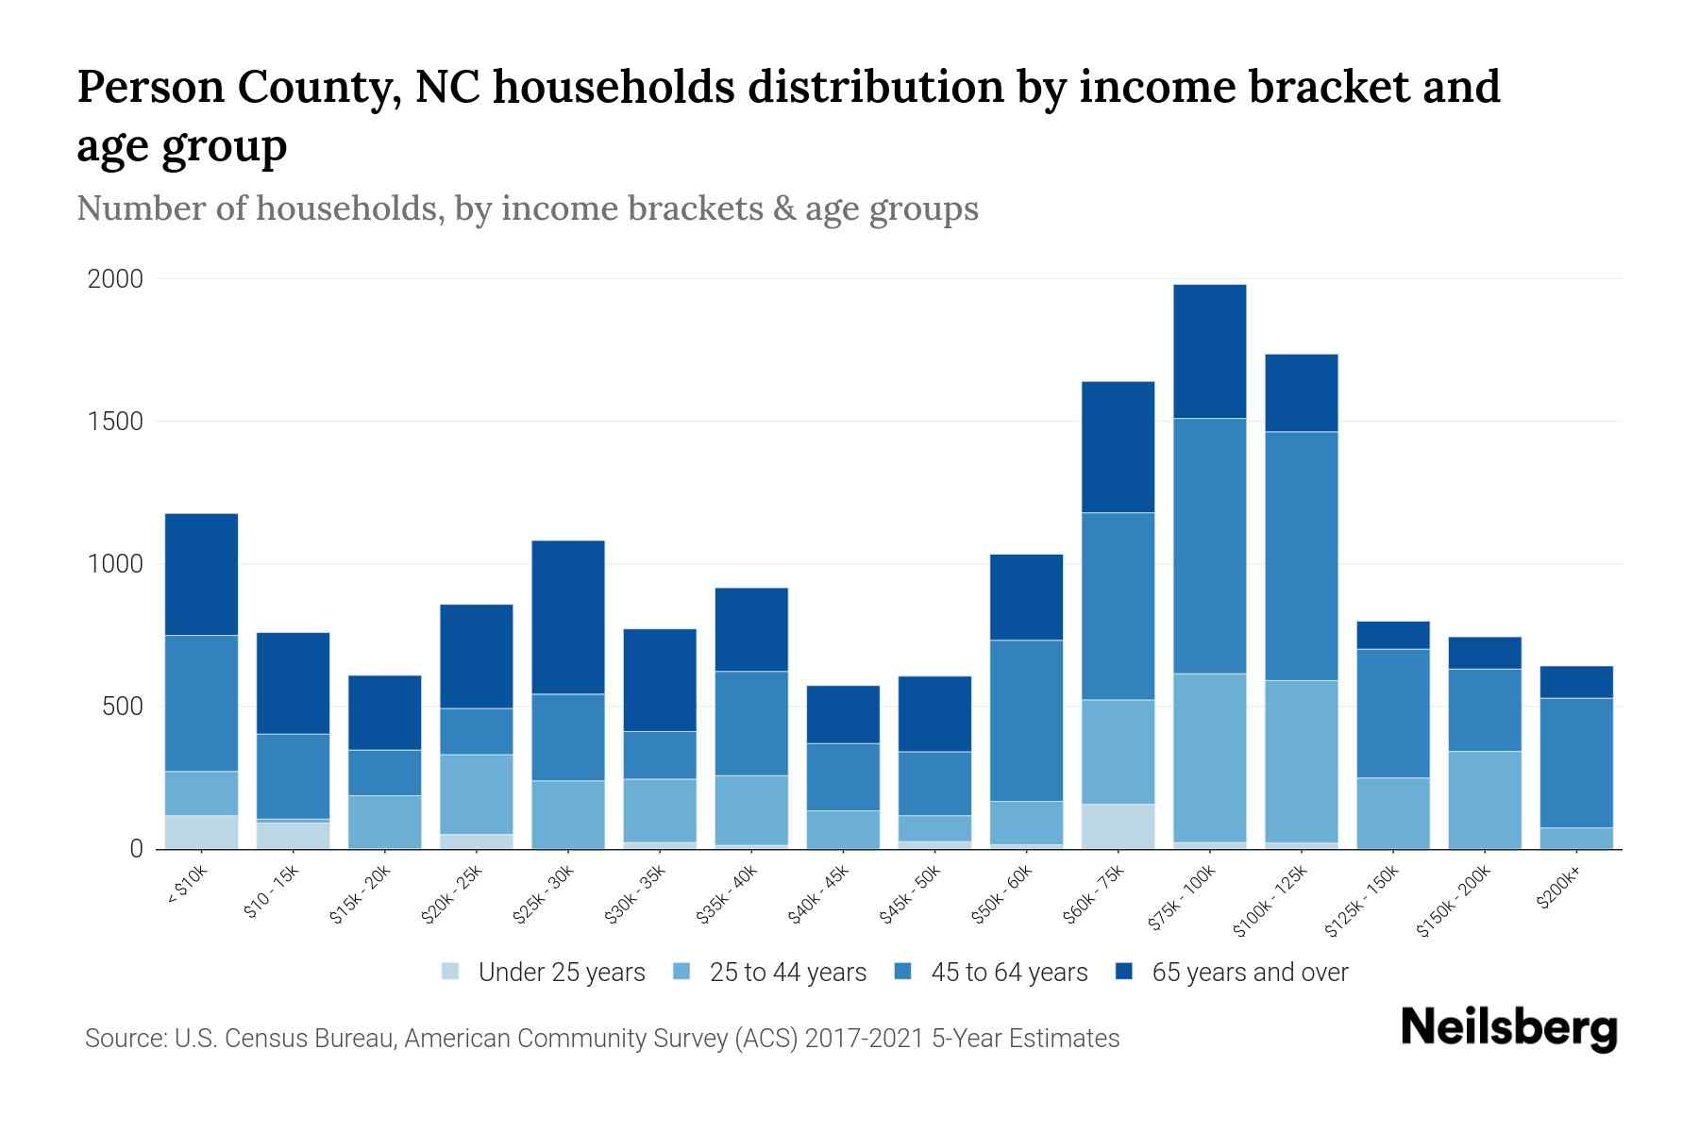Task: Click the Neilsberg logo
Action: [1508, 1028]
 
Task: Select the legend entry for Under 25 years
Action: [561, 973]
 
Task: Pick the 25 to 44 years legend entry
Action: [787, 973]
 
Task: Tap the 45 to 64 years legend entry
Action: [1009, 973]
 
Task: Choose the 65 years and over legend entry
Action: [1250, 973]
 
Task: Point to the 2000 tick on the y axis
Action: [115, 279]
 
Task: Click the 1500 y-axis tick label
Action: [115, 422]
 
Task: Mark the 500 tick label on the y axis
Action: [123, 707]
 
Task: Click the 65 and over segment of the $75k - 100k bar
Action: [1209, 351]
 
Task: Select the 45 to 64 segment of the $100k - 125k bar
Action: [1301, 556]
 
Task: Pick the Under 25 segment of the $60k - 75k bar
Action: [1118, 826]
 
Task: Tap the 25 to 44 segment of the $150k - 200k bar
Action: [1484, 800]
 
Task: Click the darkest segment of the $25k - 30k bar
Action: [568, 617]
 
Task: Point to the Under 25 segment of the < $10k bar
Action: [201, 832]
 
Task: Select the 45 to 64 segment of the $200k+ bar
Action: [1575, 762]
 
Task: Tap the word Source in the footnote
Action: [123, 1039]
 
